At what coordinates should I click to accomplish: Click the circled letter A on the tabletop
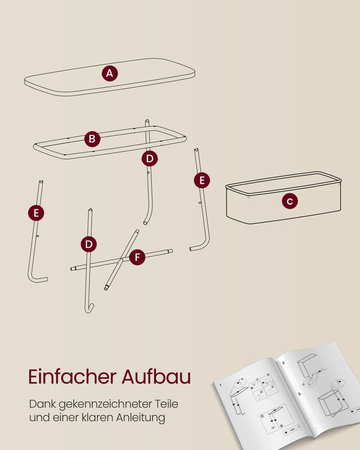[x=110, y=73]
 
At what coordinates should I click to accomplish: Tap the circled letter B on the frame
[x=92, y=139]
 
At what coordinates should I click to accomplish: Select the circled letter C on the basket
[x=290, y=201]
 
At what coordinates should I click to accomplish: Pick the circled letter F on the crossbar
[x=137, y=257]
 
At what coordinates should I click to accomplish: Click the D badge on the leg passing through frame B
[x=149, y=158]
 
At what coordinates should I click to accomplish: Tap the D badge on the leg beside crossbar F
[x=89, y=244]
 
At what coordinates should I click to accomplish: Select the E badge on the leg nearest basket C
[x=202, y=180]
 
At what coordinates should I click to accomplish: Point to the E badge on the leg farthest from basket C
[x=36, y=213]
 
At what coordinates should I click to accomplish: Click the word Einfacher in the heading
[x=73, y=377]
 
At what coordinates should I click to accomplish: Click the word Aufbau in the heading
[x=157, y=377]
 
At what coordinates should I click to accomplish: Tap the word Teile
[x=167, y=404]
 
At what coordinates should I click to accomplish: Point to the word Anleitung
[x=140, y=418]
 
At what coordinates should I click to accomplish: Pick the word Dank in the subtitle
[x=43, y=404]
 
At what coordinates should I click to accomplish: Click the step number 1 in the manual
[x=220, y=385]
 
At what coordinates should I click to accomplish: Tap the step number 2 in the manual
[x=283, y=363]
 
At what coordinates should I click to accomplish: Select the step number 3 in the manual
[x=299, y=394]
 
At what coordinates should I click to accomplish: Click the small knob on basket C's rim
[x=248, y=197]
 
